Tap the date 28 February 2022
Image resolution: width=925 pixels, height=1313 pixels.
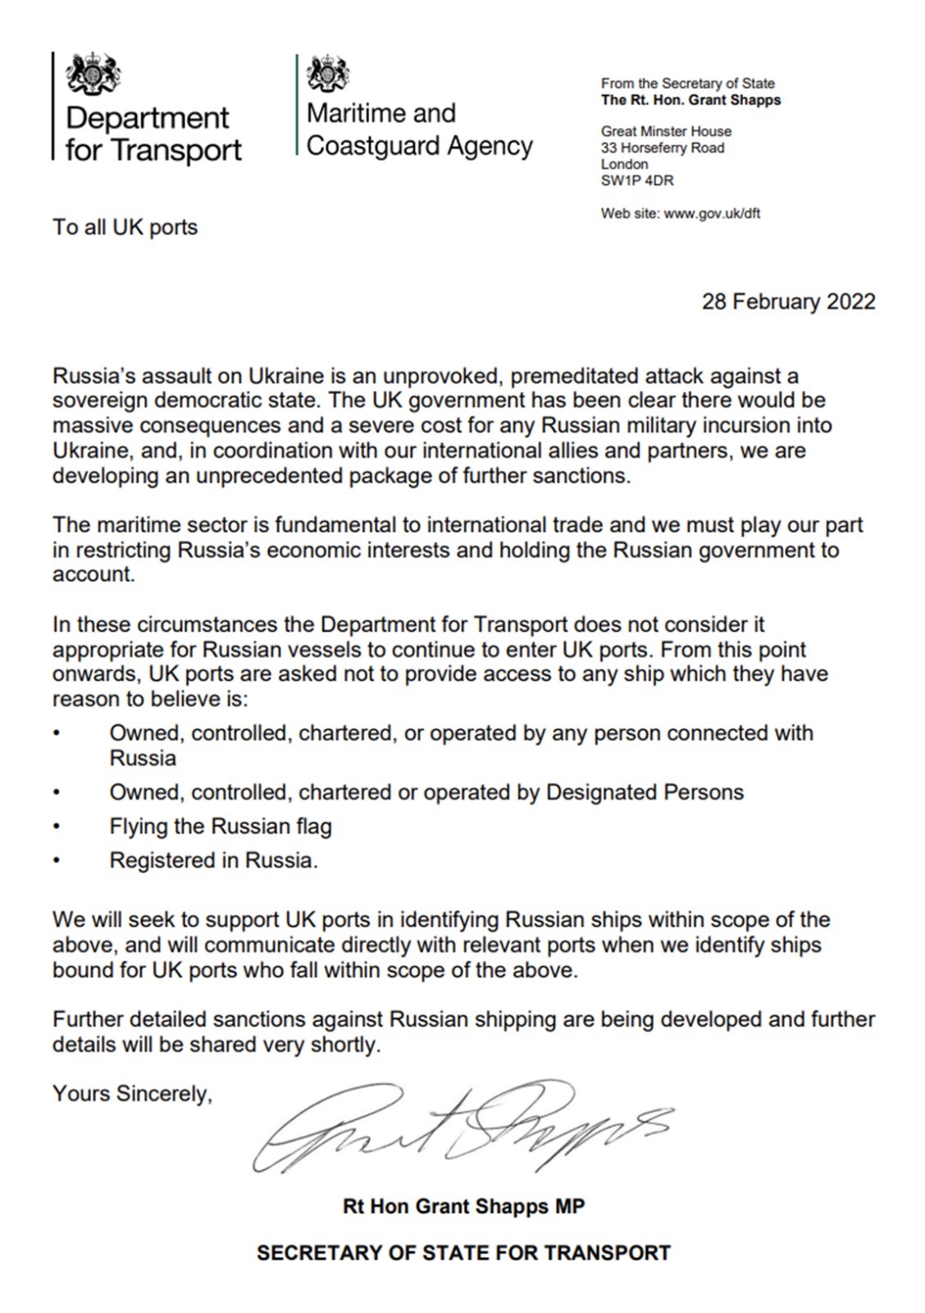[788, 302]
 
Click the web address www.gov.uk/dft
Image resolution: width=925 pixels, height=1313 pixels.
[712, 214]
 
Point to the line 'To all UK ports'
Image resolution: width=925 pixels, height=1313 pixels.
[125, 227]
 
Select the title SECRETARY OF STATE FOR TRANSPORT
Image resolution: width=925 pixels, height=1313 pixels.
[463, 1253]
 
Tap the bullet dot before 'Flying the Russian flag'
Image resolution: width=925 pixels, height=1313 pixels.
[57, 826]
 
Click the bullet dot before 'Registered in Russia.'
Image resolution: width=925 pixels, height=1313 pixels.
[57, 861]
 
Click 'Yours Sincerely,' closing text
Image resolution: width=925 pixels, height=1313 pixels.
[132, 1094]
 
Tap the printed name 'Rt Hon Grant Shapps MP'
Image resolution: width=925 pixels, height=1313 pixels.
[463, 1206]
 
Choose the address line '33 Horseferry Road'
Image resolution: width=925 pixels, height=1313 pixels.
[663, 149]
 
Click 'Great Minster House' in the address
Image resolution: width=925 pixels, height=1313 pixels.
[666, 131]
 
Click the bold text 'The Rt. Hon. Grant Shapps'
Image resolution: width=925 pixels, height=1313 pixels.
[690, 100]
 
